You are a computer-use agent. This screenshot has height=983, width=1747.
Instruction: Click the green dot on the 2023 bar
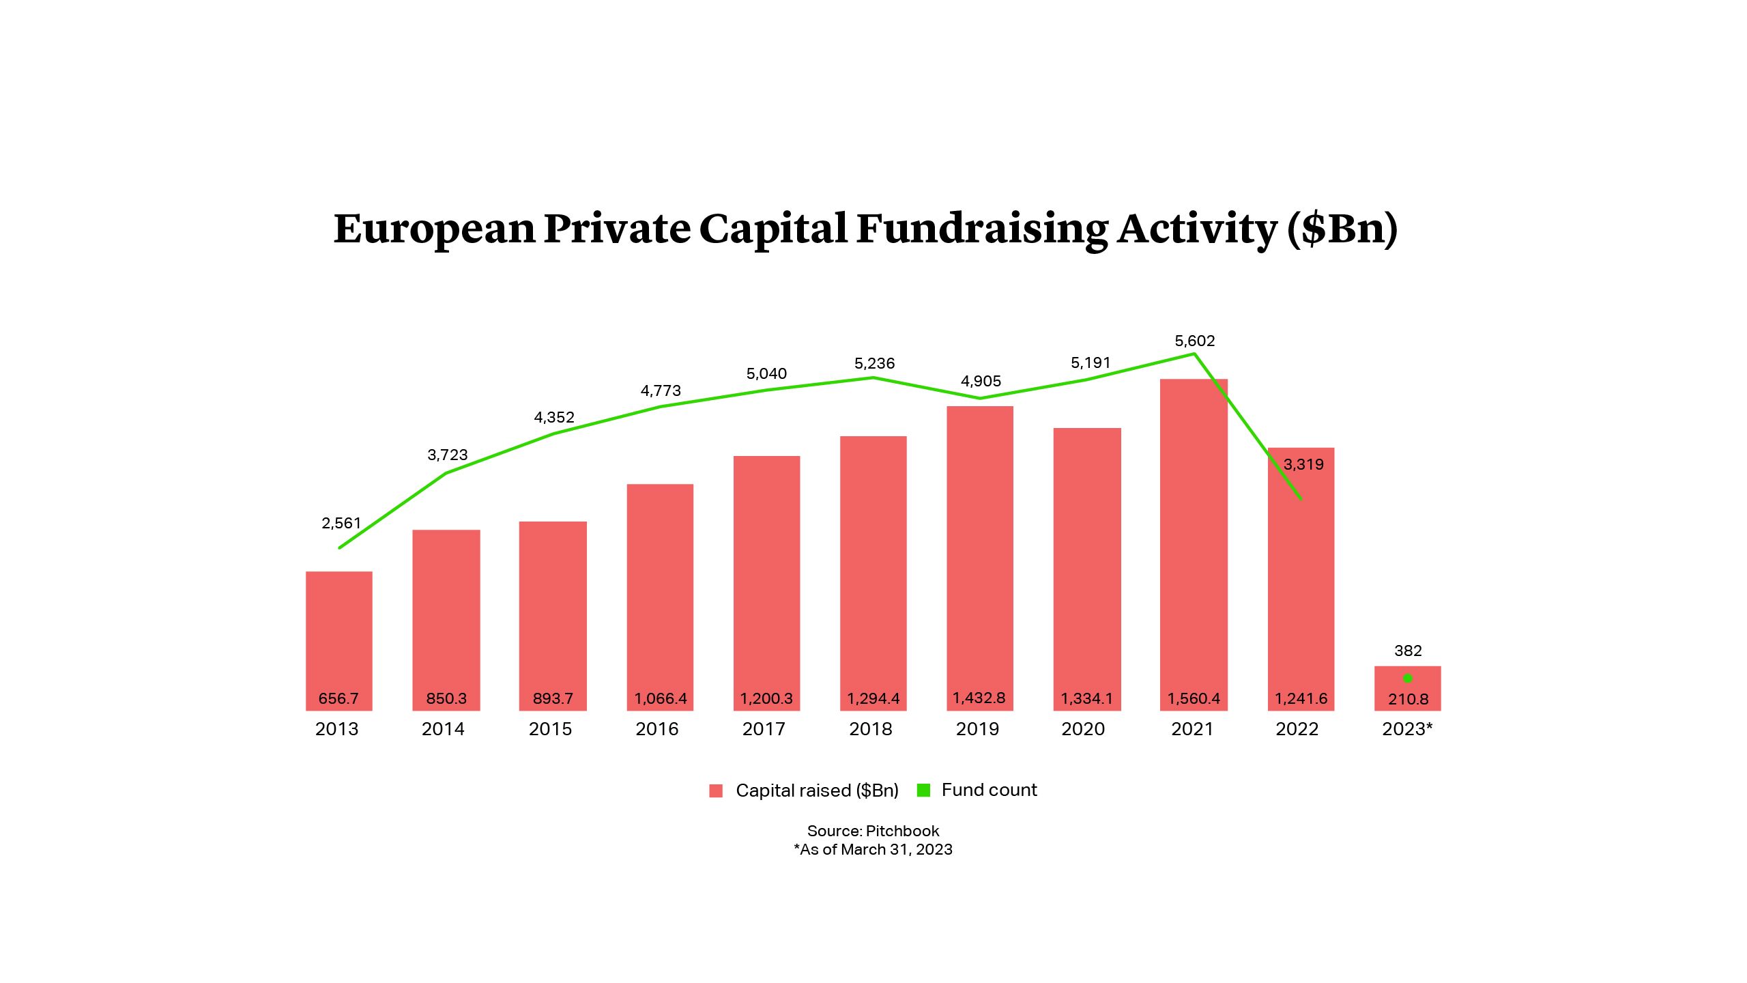coord(1407,679)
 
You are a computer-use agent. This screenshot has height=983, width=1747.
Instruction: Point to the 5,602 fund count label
coord(1194,341)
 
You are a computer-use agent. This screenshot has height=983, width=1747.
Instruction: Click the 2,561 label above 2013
coord(341,523)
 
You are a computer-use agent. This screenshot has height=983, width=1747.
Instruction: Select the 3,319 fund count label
coord(1303,464)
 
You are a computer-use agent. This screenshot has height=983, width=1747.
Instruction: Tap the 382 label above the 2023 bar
coord(1407,651)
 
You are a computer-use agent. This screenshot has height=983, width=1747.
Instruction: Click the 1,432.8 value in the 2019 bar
coord(979,698)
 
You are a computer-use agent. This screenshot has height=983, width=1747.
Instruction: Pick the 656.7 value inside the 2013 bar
coord(338,698)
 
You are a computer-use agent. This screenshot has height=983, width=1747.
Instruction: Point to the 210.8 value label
coord(1408,699)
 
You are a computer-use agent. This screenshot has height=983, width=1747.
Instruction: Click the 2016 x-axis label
coord(656,729)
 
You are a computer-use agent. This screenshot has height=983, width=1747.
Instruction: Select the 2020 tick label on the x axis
coord(1083,729)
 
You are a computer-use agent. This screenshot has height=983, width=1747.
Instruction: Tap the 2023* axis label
coord(1407,729)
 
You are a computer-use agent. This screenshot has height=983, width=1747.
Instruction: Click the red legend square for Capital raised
coord(715,790)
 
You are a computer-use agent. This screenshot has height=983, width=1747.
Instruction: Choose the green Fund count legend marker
coord(923,790)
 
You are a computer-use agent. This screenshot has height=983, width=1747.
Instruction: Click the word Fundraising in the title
coord(982,229)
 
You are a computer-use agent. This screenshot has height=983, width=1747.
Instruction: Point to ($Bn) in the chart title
coord(1342,229)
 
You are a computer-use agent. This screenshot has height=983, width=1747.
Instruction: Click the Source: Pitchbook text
coord(873,831)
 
